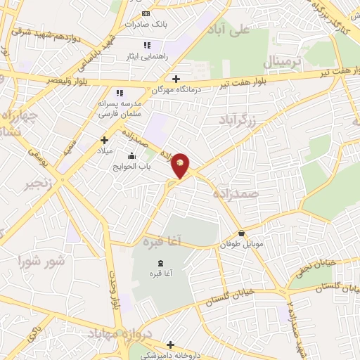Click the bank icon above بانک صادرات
coord(146,13)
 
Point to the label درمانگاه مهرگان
coord(176,89)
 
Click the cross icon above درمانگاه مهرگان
coord(176,79)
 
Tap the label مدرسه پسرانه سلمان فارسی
coord(119,107)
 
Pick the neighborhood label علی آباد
coord(234,30)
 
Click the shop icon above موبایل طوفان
coord(241,233)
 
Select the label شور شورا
coord(44,262)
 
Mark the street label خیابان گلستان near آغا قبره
coord(228,300)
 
